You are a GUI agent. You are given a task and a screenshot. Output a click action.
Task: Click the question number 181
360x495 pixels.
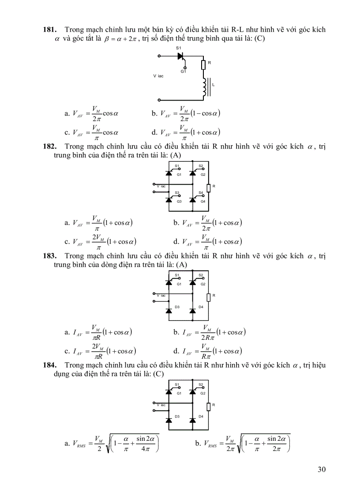(49, 30)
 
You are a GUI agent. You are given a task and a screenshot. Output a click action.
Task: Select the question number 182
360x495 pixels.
(49, 146)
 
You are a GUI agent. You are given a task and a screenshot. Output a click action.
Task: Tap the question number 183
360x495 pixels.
(49, 256)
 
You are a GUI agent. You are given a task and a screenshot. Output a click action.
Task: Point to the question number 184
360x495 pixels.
(49, 365)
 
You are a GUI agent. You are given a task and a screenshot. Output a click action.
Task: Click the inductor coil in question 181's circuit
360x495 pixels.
(204, 87)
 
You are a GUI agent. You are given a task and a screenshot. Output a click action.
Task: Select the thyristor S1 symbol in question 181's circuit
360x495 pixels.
(180, 56)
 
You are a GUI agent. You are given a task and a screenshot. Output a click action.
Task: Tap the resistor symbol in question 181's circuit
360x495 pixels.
(203, 65)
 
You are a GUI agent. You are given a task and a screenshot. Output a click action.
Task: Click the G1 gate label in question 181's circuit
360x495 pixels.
(183, 71)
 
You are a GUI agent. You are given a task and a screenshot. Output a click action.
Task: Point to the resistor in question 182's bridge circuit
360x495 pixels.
(209, 186)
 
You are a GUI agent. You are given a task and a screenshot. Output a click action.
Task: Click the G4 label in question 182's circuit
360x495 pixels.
(202, 201)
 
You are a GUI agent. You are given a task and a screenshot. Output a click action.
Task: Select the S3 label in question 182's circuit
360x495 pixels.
(176, 193)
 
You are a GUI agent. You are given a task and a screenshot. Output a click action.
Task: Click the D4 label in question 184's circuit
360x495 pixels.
(201, 416)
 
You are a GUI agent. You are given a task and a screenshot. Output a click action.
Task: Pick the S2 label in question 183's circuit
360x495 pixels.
(201, 275)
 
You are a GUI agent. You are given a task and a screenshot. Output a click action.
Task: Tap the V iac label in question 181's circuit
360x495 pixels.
(158, 76)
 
